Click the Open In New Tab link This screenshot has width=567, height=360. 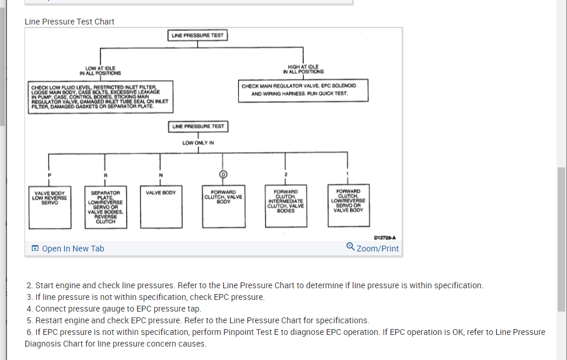[x=68, y=249]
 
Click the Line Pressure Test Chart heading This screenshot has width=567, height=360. [x=69, y=22]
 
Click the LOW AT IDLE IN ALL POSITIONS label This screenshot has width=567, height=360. [x=100, y=71]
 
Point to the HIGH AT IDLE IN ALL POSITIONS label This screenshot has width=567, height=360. [x=303, y=70]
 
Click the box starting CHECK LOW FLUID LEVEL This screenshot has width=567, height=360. [x=100, y=97]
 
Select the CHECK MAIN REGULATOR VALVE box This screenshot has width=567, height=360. [x=303, y=90]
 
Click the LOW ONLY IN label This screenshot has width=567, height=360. [x=198, y=143]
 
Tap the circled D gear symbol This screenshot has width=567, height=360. [x=222, y=174]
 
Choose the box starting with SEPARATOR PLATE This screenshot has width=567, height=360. [x=105, y=207]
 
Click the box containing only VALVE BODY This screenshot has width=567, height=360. [x=161, y=207]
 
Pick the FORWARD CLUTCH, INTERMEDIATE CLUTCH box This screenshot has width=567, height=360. [x=286, y=207]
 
